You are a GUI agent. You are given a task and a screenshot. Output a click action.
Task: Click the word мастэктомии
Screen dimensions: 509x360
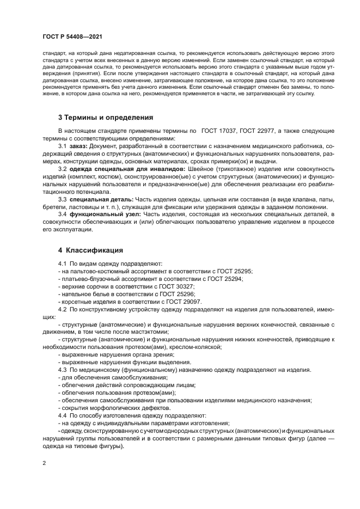point(149,332)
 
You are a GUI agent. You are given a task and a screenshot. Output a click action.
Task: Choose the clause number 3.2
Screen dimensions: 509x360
point(62,169)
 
